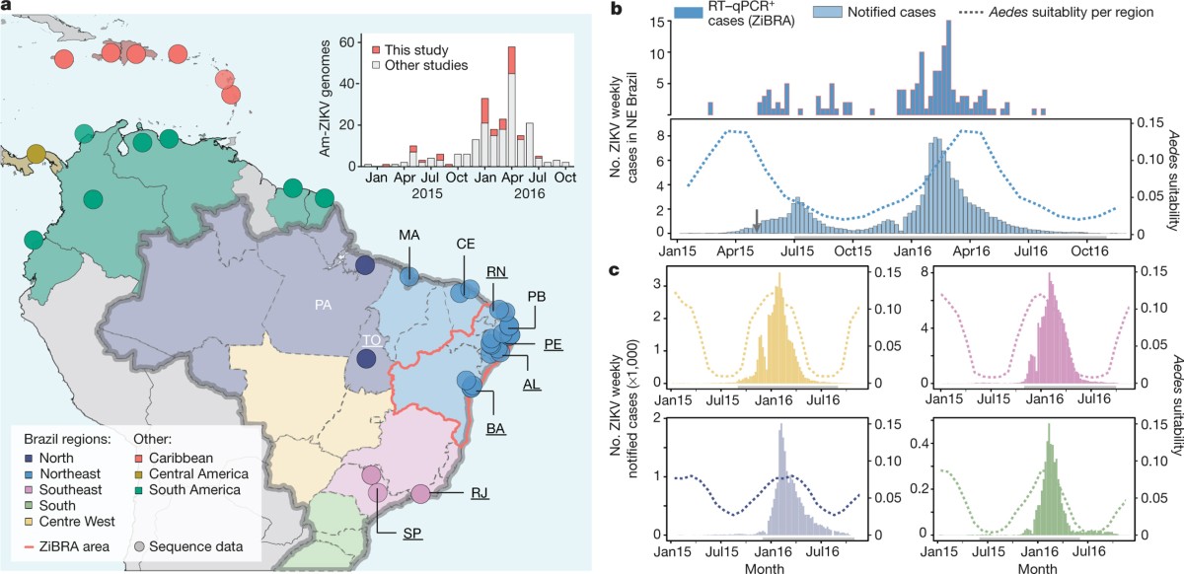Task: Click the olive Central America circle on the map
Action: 37,154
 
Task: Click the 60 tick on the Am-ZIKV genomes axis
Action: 347,43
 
